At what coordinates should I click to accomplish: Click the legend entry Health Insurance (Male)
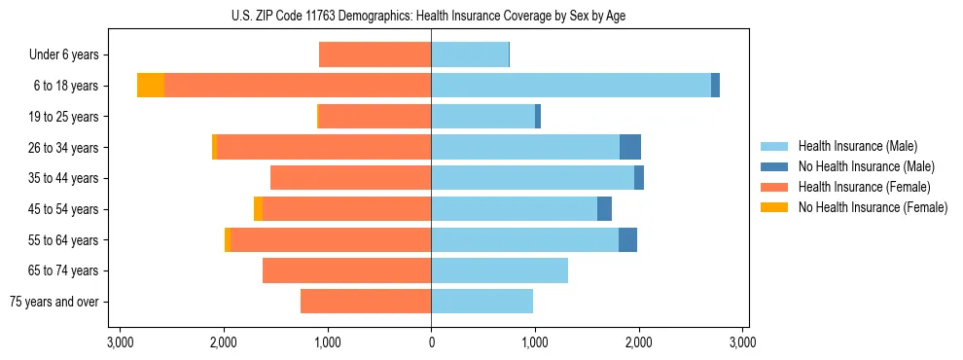tap(857, 146)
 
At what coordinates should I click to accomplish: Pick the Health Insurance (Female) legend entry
tap(864, 187)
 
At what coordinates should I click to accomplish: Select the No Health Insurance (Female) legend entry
tap(873, 207)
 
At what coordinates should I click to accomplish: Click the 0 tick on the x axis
tap(431, 342)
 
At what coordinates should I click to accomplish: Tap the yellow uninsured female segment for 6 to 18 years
tap(151, 86)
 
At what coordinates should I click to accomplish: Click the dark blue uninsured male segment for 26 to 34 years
tap(630, 147)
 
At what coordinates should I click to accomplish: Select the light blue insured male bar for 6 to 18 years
tap(571, 86)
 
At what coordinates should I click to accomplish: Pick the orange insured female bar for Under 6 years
tap(374, 54)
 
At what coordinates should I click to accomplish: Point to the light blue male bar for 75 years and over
tap(481, 302)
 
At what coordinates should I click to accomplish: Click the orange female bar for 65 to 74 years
tap(346, 270)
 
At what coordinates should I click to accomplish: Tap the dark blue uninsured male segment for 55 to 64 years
tap(627, 239)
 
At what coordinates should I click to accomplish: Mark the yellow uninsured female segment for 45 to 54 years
tap(258, 209)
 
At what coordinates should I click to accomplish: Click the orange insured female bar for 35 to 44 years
tap(350, 178)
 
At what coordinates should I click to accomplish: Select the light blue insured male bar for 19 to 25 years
tap(482, 117)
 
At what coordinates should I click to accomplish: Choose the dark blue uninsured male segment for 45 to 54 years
tap(604, 209)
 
